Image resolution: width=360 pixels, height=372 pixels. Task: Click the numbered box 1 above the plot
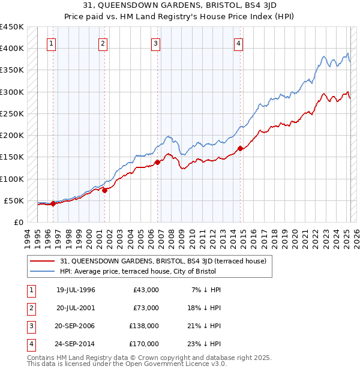click(x=52, y=43)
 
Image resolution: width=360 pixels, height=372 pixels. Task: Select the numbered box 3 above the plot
click(x=155, y=43)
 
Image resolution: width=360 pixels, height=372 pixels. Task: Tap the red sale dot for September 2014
click(x=239, y=148)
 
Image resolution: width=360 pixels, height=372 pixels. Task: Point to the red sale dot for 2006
click(x=157, y=162)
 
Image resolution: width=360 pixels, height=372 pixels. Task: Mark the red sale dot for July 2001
click(x=104, y=190)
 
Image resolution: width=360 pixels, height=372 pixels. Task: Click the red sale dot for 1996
click(x=53, y=203)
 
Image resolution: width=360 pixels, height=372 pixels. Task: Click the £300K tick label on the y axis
click(x=11, y=92)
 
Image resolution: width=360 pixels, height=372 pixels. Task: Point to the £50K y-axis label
click(x=14, y=200)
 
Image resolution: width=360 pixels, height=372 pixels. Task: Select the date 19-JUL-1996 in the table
click(x=76, y=290)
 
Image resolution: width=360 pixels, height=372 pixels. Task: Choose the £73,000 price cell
click(x=146, y=308)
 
